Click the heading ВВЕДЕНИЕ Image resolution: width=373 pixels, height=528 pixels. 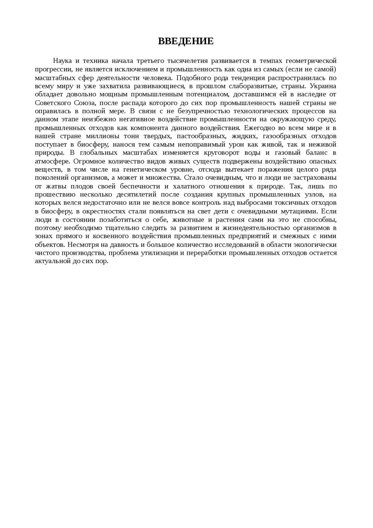tap(186, 41)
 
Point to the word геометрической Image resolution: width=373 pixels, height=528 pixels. tap(311, 61)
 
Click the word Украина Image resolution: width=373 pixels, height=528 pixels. tap(323, 86)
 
